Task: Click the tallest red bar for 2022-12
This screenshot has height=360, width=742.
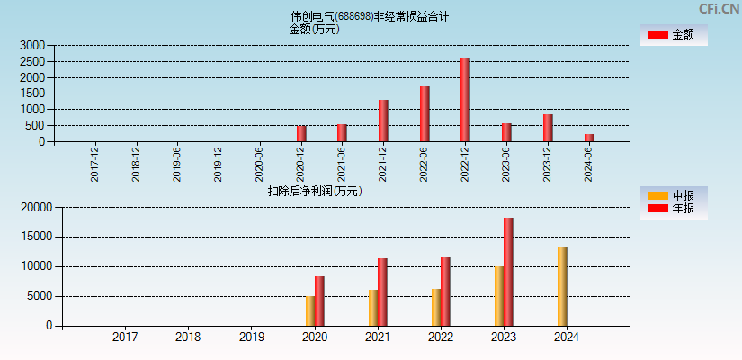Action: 465,100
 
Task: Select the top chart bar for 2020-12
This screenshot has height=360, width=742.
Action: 301,133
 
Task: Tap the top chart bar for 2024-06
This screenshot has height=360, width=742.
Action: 589,138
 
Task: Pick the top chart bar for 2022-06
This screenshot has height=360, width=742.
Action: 425,113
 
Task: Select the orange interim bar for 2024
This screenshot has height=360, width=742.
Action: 562,286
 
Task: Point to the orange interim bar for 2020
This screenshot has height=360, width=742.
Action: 310,310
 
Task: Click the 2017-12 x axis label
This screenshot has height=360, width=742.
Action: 95,164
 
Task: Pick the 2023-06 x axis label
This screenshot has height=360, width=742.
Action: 506,164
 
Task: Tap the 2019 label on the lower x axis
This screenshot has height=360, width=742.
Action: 251,337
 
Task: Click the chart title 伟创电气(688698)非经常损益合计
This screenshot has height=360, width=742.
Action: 370,16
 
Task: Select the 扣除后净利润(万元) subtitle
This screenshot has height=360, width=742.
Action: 315,191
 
